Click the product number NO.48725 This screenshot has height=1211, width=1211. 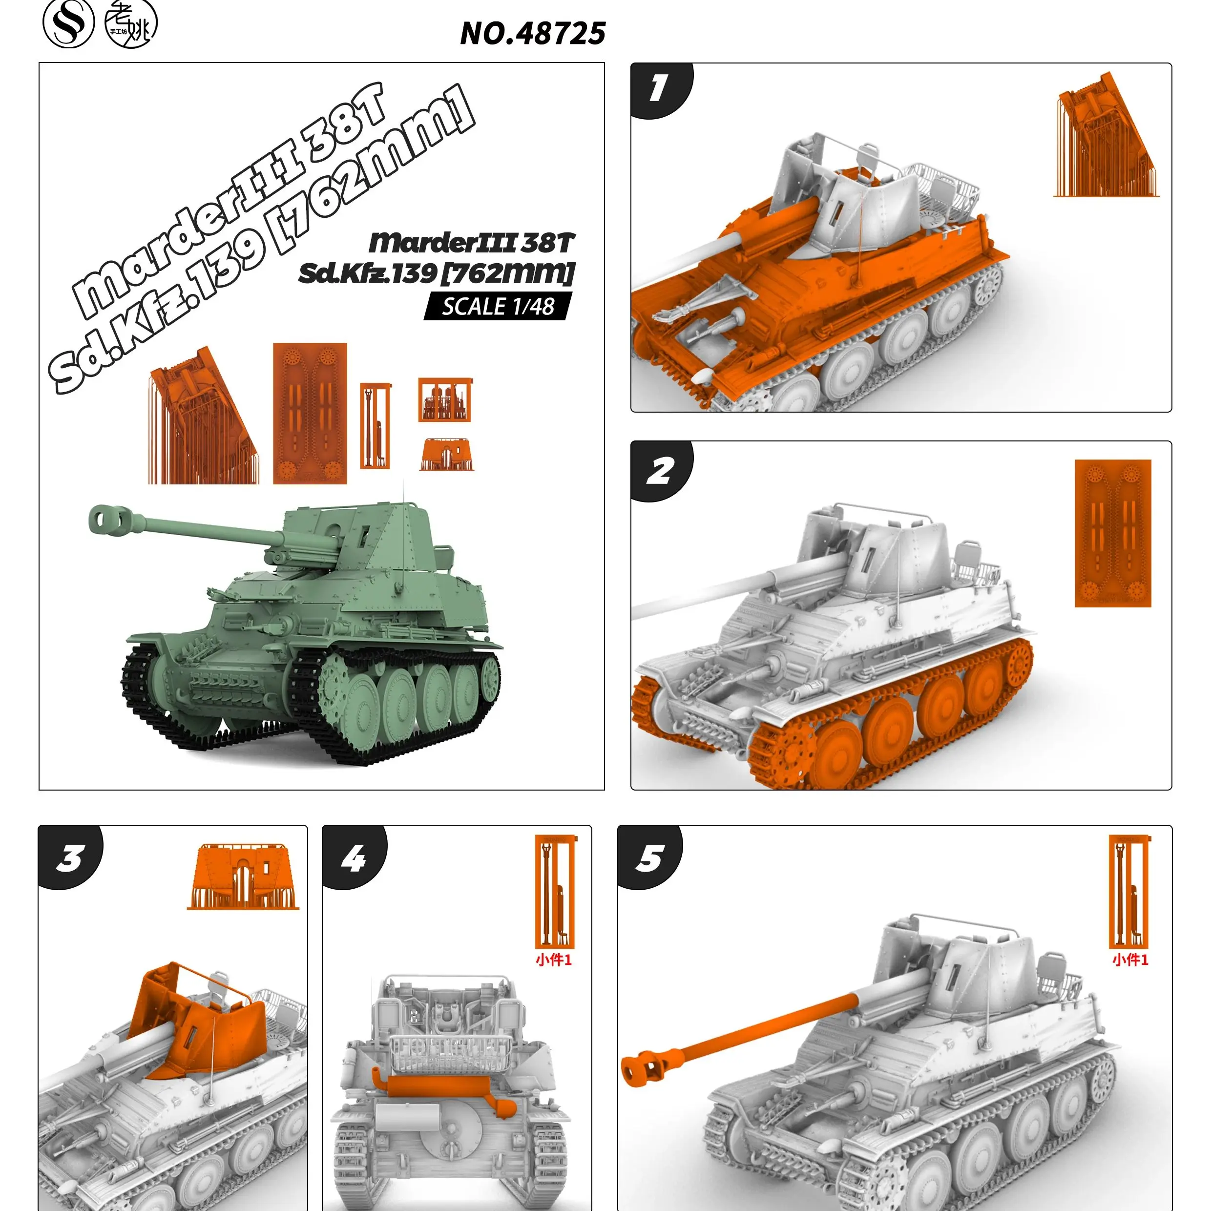[532, 33]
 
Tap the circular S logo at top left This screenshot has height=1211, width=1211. [68, 23]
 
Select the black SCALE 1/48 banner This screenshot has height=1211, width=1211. [498, 307]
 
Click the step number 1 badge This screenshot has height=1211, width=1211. [658, 88]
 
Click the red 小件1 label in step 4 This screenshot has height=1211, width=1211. [553, 960]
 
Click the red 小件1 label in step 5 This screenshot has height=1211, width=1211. [1130, 960]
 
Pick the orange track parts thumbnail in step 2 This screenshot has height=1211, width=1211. [1112, 533]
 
